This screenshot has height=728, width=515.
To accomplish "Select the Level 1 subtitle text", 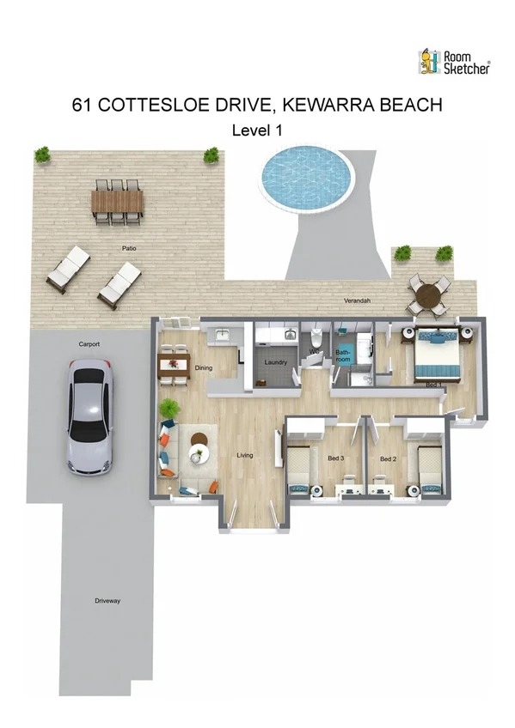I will pyautogui.click(x=257, y=130).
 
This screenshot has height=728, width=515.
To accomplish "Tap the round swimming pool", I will pyautogui.click(x=307, y=176).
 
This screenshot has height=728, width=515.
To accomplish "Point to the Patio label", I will pyautogui.click(x=128, y=248).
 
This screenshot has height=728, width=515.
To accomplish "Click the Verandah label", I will pyautogui.click(x=357, y=301).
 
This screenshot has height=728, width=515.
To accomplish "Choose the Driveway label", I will pyautogui.click(x=107, y=600).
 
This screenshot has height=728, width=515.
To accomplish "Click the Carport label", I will pyautogui.click(x=89, y=344).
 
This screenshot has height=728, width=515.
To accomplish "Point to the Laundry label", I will pyautogui.click(x=275, y=362).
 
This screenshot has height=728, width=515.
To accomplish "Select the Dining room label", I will pyautogui.click(x=204, y=368).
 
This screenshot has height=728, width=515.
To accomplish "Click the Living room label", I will pyautogui.click(x=245, y=455).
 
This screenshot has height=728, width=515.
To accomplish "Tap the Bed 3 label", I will pyautogui.click(x=335, y=458).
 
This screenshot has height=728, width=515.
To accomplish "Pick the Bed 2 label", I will pyautogui.click(x=388, y=458).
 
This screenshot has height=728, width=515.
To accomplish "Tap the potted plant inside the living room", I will pyautogui.click(x=170, y=407).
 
